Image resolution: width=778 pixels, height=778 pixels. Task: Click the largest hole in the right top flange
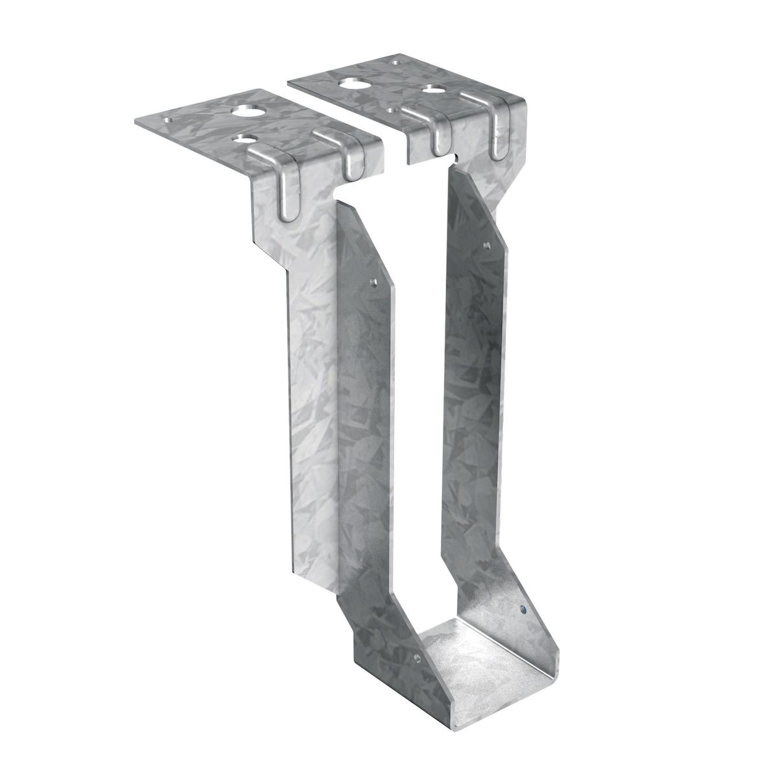coord(354,84)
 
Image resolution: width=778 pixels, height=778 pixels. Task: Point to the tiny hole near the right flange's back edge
coord(397,64)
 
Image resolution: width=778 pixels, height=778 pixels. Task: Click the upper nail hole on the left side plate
coord(372,282)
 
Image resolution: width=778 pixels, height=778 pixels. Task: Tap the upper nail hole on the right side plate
coord(487,245)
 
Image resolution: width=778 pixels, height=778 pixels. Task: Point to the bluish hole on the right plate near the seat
coord(523,609)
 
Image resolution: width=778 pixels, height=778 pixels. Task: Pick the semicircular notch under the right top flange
coord(458,156)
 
